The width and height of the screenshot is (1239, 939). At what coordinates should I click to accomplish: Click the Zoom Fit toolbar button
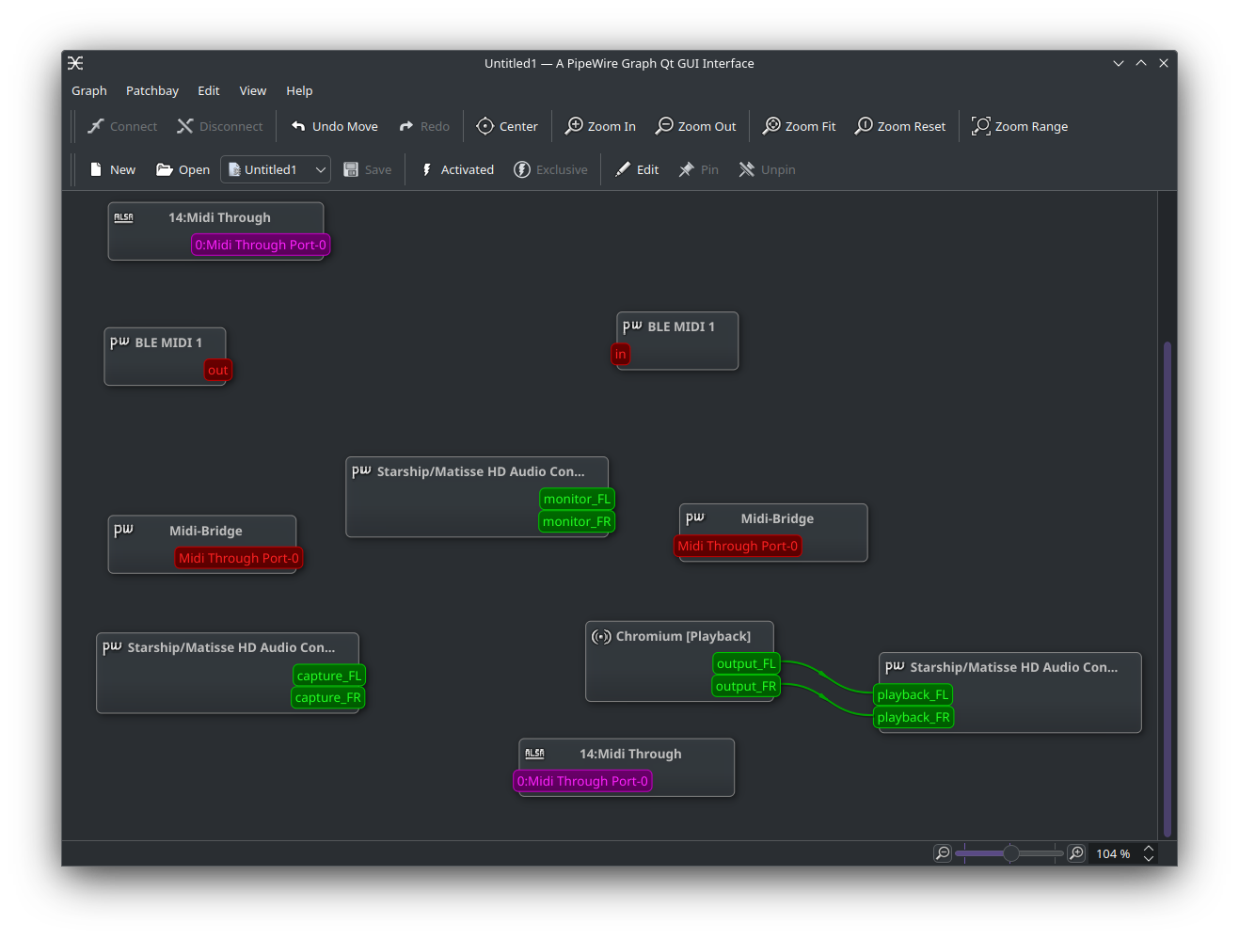click(798, 126)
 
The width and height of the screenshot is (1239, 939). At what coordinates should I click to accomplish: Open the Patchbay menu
click(151, 91)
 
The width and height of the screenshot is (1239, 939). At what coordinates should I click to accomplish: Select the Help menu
click(298, 91)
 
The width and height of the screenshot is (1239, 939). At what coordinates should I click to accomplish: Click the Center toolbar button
click(506, 126)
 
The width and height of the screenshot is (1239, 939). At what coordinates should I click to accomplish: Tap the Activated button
click(457, 170)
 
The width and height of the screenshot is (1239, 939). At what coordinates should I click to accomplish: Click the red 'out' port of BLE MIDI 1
click(217, 370)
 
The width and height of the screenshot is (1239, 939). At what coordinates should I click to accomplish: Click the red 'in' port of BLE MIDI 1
click(620, 355)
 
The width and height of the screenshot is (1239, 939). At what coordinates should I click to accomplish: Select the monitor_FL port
click(577, 500)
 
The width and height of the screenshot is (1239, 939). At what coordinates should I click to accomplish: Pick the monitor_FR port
click(577, 522)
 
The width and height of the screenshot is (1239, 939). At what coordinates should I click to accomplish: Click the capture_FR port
click(327, 698)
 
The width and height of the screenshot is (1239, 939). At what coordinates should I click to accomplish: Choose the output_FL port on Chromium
click(746, 664)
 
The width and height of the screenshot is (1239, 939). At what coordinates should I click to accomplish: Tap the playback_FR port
click(913, 718)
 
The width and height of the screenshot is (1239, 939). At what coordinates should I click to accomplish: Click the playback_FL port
click(913, 695)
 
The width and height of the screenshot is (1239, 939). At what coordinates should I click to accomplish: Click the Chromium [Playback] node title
click(683, 637)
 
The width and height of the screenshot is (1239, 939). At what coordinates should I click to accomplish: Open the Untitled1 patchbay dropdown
click(276, 170)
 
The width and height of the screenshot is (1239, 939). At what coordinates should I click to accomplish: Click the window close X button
click(1164, 63)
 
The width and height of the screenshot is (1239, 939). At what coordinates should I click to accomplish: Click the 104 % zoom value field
click(1113, 853)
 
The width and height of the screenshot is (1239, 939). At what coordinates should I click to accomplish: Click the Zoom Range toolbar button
click(1019, 126)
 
